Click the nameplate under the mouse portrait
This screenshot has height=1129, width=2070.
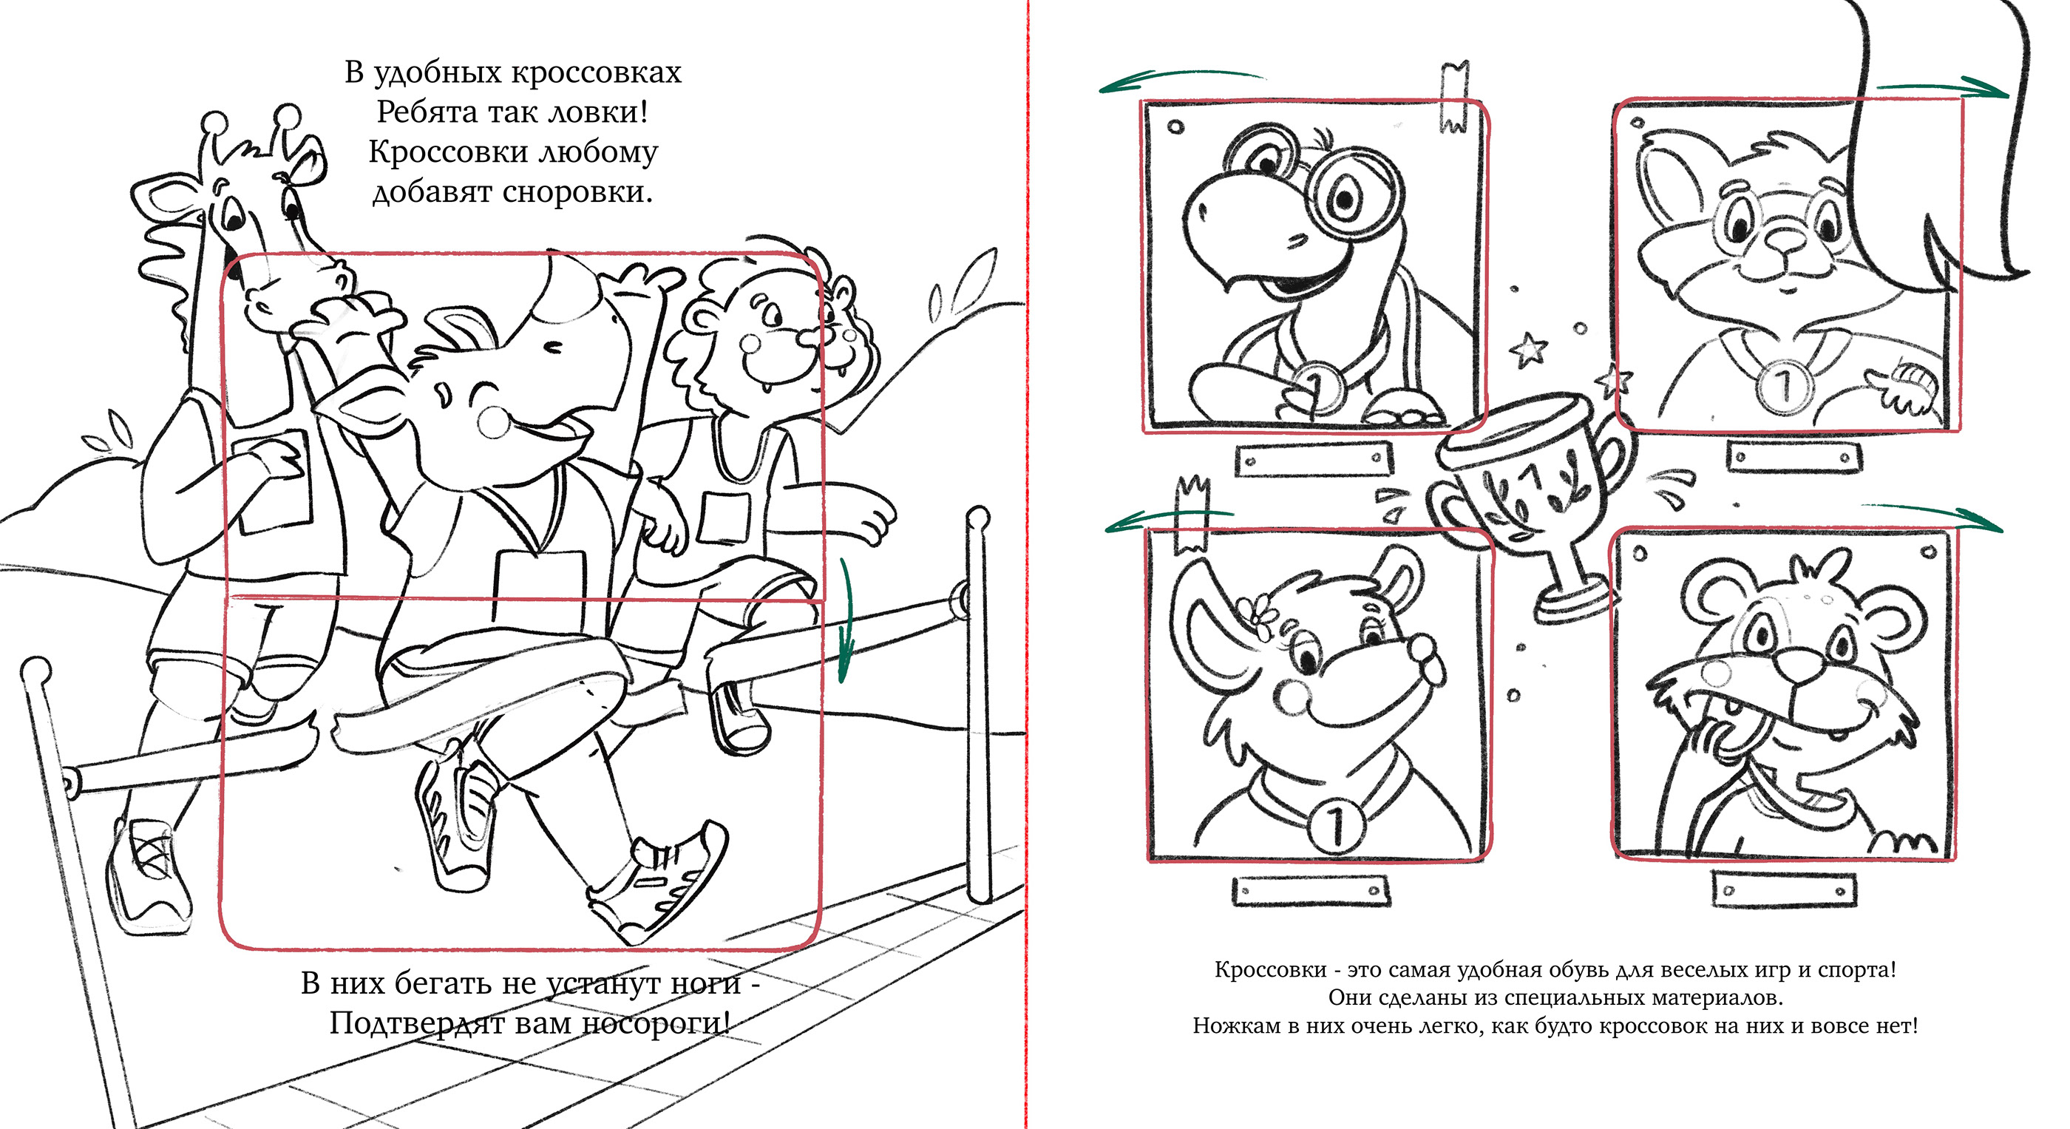1311,891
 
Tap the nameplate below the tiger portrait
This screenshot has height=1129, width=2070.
1785,889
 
